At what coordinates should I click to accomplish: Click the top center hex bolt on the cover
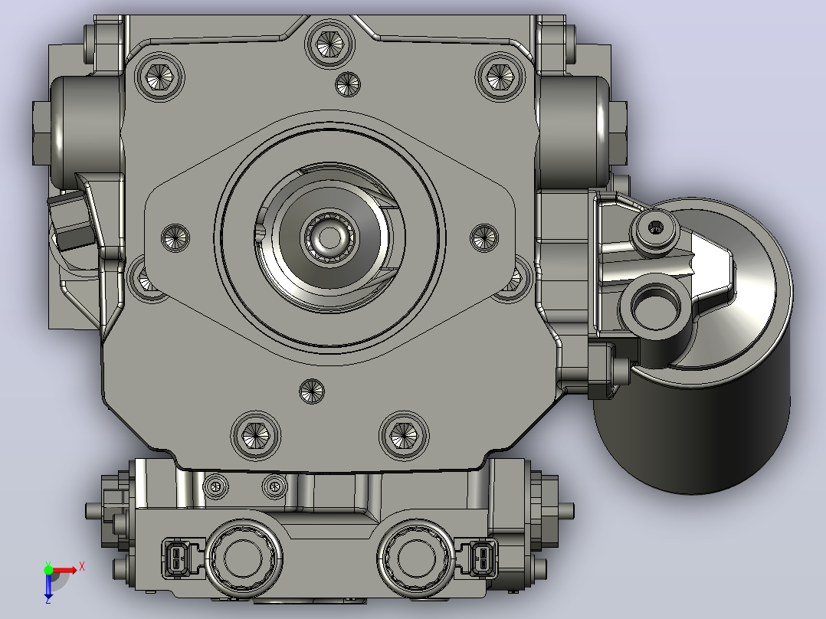point(329,42)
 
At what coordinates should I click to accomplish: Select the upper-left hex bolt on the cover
point(159,77)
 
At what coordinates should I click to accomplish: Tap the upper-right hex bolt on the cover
point(500,77)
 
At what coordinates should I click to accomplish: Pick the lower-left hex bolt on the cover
point(255,435)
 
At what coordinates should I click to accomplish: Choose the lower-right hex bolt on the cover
point(404,435)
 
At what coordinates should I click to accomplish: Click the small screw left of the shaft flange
point(175,237)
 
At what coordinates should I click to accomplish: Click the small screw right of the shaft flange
point(484,237)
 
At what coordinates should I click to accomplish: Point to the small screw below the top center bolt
point(348,84)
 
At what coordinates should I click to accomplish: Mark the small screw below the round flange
point(312,391)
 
